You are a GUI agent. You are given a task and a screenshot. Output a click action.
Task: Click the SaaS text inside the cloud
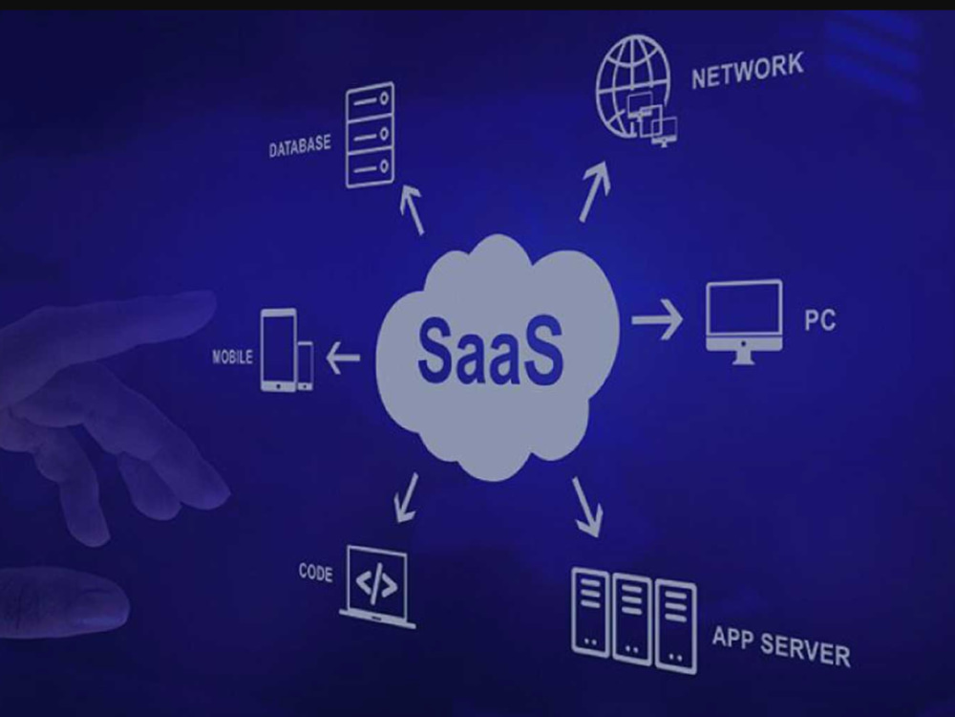490,350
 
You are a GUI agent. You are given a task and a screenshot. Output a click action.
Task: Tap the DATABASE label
300,146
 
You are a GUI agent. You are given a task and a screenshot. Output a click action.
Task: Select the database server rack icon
370,135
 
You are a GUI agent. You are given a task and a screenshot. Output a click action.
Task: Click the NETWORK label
748,71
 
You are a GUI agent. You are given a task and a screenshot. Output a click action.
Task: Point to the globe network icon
633,88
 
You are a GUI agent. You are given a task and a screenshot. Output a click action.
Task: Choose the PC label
819,320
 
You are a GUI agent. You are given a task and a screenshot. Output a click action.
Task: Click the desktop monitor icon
744,322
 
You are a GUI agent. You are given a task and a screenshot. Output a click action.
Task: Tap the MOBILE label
232,357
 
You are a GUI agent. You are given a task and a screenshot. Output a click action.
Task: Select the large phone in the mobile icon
278,349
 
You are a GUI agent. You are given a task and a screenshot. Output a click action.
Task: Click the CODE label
315,573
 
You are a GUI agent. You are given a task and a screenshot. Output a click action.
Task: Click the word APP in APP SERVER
732,638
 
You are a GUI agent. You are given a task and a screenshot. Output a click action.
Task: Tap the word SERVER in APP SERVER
805,650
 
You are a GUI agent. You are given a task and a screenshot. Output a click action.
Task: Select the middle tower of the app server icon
631,619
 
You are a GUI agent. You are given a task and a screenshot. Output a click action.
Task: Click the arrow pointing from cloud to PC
657,319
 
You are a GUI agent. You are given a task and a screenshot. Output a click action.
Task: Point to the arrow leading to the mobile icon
343,358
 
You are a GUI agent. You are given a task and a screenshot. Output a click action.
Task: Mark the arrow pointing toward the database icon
413,209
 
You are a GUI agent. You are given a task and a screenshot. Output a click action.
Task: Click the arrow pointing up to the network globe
594,191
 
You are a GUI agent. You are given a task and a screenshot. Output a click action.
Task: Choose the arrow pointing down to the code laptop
406,498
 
